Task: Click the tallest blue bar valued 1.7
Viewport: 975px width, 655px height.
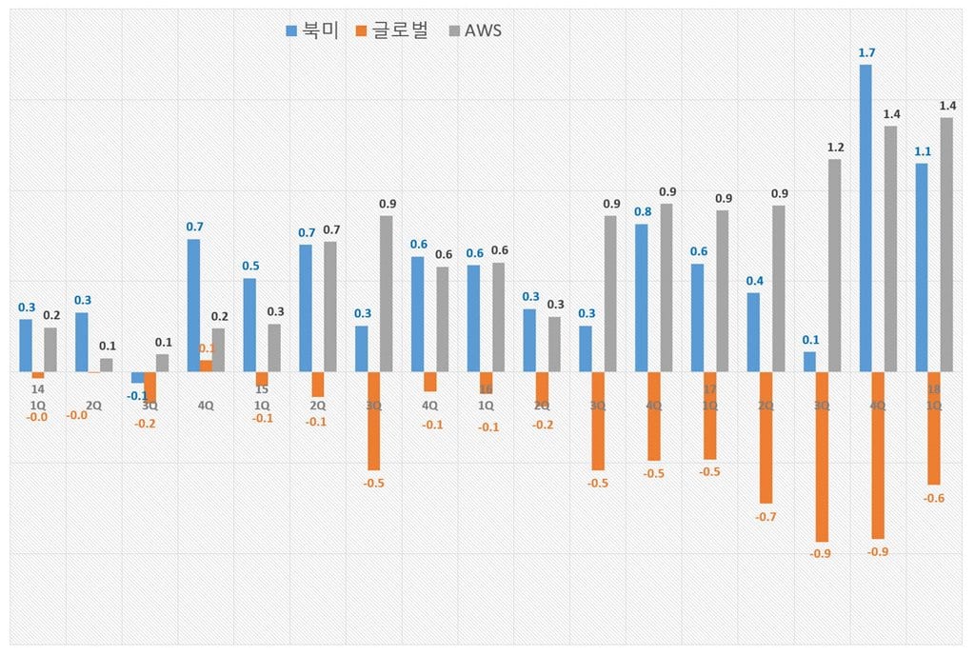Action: point(866,218)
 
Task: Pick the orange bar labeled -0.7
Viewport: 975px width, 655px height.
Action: point(766,437)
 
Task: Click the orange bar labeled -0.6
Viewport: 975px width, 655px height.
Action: point(934,427)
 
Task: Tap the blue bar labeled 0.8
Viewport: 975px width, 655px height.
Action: point(642,297)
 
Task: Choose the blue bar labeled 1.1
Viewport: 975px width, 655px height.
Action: point(922,267)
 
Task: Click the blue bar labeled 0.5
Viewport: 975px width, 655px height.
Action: point(249,324)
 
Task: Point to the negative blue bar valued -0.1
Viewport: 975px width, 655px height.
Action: point(138,377)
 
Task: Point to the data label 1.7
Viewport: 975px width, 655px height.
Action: point(866,53)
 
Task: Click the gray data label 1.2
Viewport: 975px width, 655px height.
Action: point(835,147)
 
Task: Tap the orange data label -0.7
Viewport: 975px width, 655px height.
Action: point(766,516)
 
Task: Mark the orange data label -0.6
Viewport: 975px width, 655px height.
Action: point(934,498)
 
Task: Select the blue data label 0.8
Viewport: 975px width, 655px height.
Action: point(643,211)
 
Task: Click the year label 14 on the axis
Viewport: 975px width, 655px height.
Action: point(38,389)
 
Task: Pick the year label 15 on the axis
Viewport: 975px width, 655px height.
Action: point(262,389)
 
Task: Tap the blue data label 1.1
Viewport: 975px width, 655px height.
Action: point(923,151)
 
